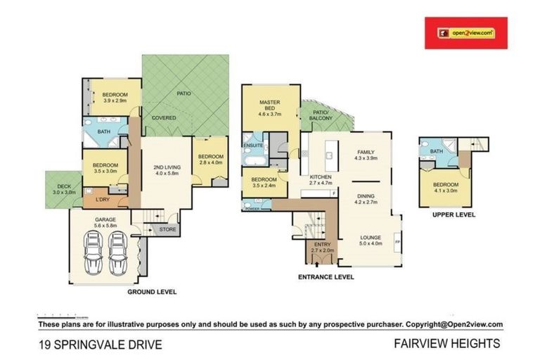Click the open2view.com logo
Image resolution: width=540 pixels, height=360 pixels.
click(x=465, y=32)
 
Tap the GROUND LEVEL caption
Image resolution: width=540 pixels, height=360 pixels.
click(x=151, y=291)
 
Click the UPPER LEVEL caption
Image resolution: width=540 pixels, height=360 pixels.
click(x=454, y=214)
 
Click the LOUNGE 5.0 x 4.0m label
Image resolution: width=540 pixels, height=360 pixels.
click(x=371, y=240)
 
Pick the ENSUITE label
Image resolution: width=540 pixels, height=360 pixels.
click(x=253, y=146)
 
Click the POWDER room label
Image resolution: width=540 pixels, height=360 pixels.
click(x=252, y=209)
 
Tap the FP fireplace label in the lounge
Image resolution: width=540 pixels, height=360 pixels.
click(x=399, y=243)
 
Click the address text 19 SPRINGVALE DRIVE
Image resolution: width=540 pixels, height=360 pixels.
click(x=101, y=345)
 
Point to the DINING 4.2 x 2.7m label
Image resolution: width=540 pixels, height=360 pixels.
click(x=365, y=199)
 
